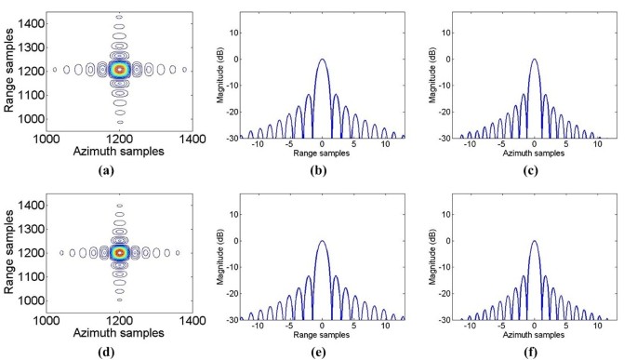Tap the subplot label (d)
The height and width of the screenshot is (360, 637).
click(x=118, y=351)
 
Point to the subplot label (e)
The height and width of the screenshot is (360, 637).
click(x=322, y=351)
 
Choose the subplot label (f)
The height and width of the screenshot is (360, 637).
click(x=533, y=351)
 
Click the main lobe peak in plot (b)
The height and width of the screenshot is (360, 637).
click(x=322, y=60)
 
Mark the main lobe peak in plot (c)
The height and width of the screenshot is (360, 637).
click(x=534, y=60)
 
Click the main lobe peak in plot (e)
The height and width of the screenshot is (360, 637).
click(x=322, y=242)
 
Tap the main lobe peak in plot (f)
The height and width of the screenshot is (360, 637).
click(x=534, y=242)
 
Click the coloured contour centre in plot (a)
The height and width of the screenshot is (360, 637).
click(x=118, y=69)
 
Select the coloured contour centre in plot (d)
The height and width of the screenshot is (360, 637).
click(x=118, y=252)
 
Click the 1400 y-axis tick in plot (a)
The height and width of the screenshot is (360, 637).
click(x=32, y=20)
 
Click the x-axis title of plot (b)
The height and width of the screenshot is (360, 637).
click(x=322, y=153)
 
